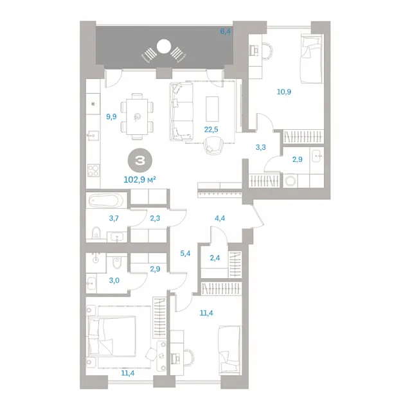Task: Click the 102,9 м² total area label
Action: pos(139,180)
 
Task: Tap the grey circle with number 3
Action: pos(140,161)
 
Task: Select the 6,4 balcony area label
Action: pos(225,31)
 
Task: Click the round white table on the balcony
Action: pos(164,46)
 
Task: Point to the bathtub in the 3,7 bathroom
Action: pos(106,201)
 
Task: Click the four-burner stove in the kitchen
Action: pos(93,170)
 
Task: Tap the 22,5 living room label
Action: pos(211,129)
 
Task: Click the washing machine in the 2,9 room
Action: pos(290,181)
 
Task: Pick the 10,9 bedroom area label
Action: pos(284,92)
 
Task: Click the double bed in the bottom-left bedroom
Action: pos(112,337)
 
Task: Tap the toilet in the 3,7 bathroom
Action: pos(96,232)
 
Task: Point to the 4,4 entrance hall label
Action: pos(220,218)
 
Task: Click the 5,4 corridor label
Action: pos(185,253)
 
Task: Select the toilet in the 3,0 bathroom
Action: pos(116,262)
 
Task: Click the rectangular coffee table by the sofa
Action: pos(212,109)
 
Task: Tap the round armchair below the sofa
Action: pos(213,146)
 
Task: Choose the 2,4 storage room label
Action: pos(215,258)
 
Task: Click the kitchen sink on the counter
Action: pos(93,136)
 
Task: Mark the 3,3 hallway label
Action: pos(261,147)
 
